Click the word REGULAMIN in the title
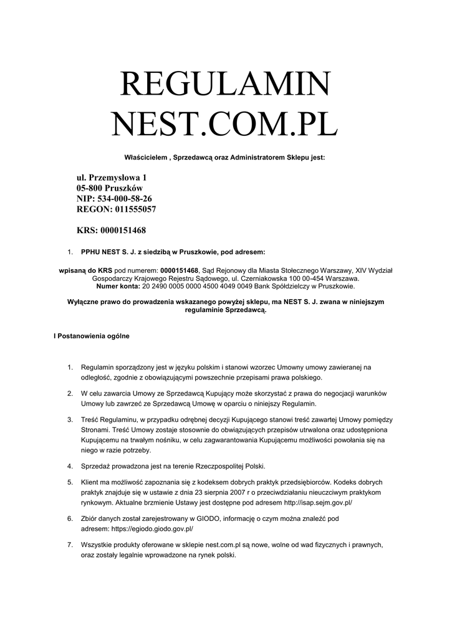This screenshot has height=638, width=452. [225, 87]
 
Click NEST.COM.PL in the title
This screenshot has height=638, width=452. [225, 125]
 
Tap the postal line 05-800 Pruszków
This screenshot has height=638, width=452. [110, 188]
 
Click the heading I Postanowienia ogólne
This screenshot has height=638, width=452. [92, 336]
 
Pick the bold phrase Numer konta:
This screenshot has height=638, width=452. [118, 287]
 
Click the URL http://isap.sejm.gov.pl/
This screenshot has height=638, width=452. [309, 502]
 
